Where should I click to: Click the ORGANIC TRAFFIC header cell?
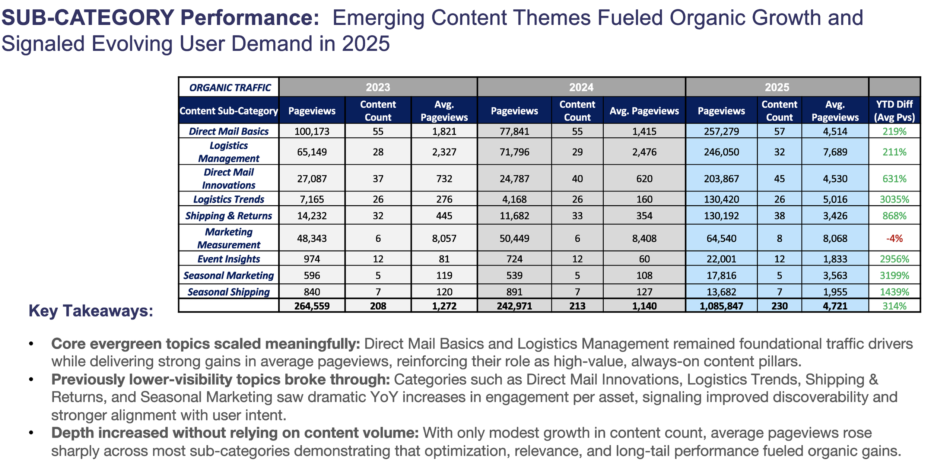tap(230, 88)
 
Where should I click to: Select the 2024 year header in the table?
tap(581, 87)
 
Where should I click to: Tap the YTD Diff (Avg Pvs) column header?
tap(894, 111)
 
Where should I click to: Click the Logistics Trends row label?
tap(229, 199)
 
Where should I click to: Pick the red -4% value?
tap(894, 238)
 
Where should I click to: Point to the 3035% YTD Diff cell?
tap(894, 199)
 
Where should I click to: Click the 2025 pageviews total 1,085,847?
tap(721, 306)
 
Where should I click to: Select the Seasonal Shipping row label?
tap(229, 292)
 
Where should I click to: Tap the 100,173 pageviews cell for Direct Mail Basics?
tap(312, 131)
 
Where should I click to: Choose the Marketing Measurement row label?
tap(229, 238)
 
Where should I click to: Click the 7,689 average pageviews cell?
tap(835, 152)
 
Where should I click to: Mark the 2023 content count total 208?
tap(378, 306)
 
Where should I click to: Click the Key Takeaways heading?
tap(91, 311)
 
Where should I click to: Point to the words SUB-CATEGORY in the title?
tap(88, 18)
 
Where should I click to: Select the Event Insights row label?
tap(229, 259)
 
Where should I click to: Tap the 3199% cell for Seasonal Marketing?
tap(894, 276)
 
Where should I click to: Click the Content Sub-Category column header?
tap(229, 111)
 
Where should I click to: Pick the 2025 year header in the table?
tap(777, 87)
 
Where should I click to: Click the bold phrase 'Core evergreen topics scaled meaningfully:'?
tap(206, 344)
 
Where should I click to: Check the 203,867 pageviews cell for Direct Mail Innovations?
tap(721, 179)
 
